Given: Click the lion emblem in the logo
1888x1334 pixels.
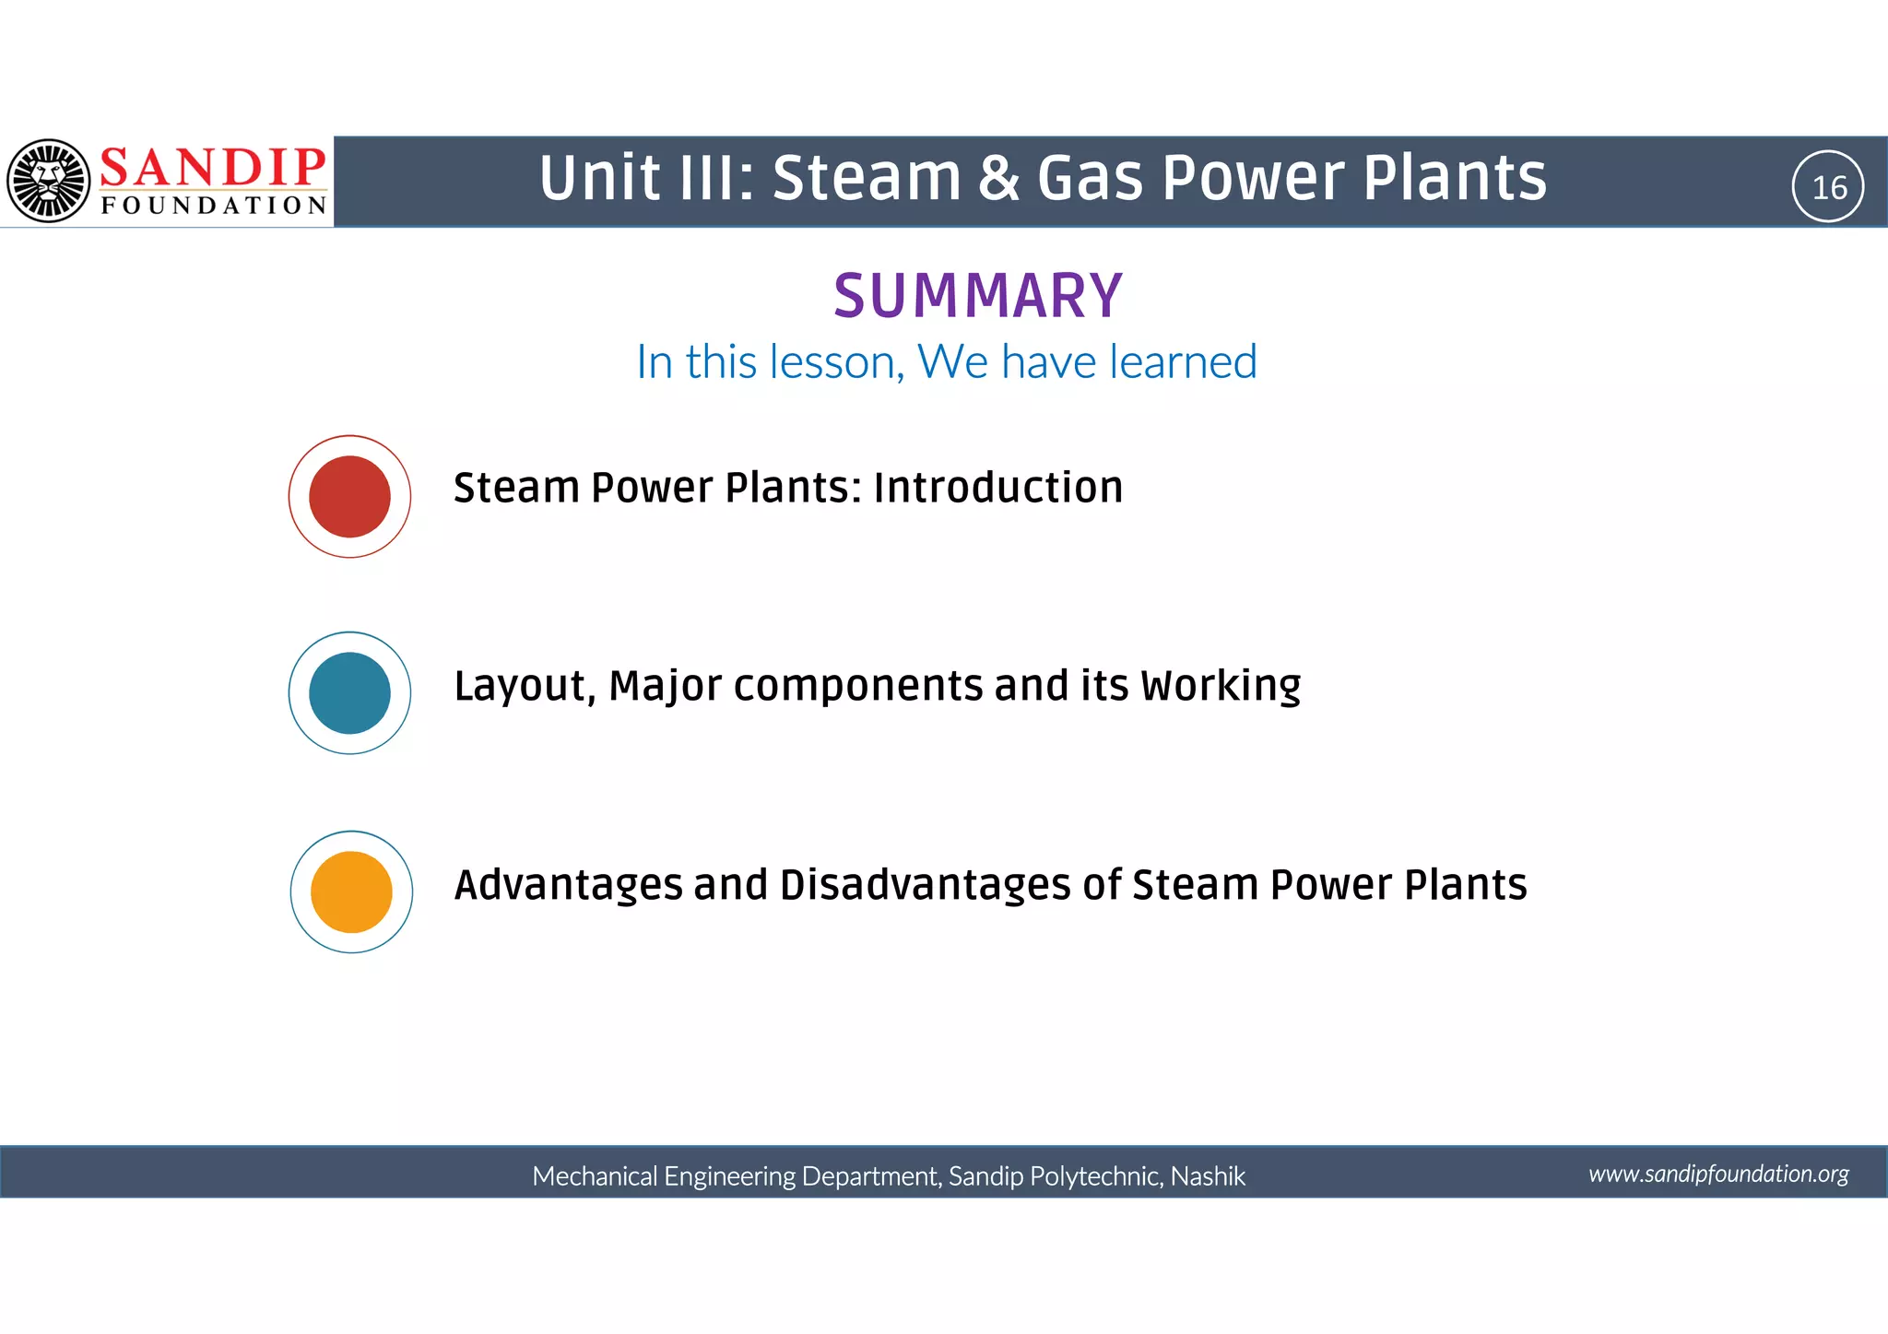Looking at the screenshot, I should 48,181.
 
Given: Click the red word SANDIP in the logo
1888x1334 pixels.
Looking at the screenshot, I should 212,168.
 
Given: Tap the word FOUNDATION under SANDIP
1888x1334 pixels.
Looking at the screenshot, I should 214,205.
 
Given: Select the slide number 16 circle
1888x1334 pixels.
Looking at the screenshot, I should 1828,187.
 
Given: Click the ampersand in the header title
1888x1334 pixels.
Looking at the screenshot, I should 998,178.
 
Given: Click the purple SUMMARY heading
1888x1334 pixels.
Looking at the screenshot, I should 978,296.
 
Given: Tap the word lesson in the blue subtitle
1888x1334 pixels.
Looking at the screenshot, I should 836,361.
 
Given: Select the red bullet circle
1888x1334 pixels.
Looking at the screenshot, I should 349,496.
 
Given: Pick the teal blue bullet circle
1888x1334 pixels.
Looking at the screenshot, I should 349,692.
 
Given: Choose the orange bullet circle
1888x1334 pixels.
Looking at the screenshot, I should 351,891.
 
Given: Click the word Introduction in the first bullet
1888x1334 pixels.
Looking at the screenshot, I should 998,487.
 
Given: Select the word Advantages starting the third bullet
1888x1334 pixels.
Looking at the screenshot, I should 568,885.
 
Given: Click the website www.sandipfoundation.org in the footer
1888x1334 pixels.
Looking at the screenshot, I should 1718,1174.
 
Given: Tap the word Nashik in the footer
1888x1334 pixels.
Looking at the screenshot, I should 1208,1176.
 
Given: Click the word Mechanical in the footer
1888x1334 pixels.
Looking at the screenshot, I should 595,1176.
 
